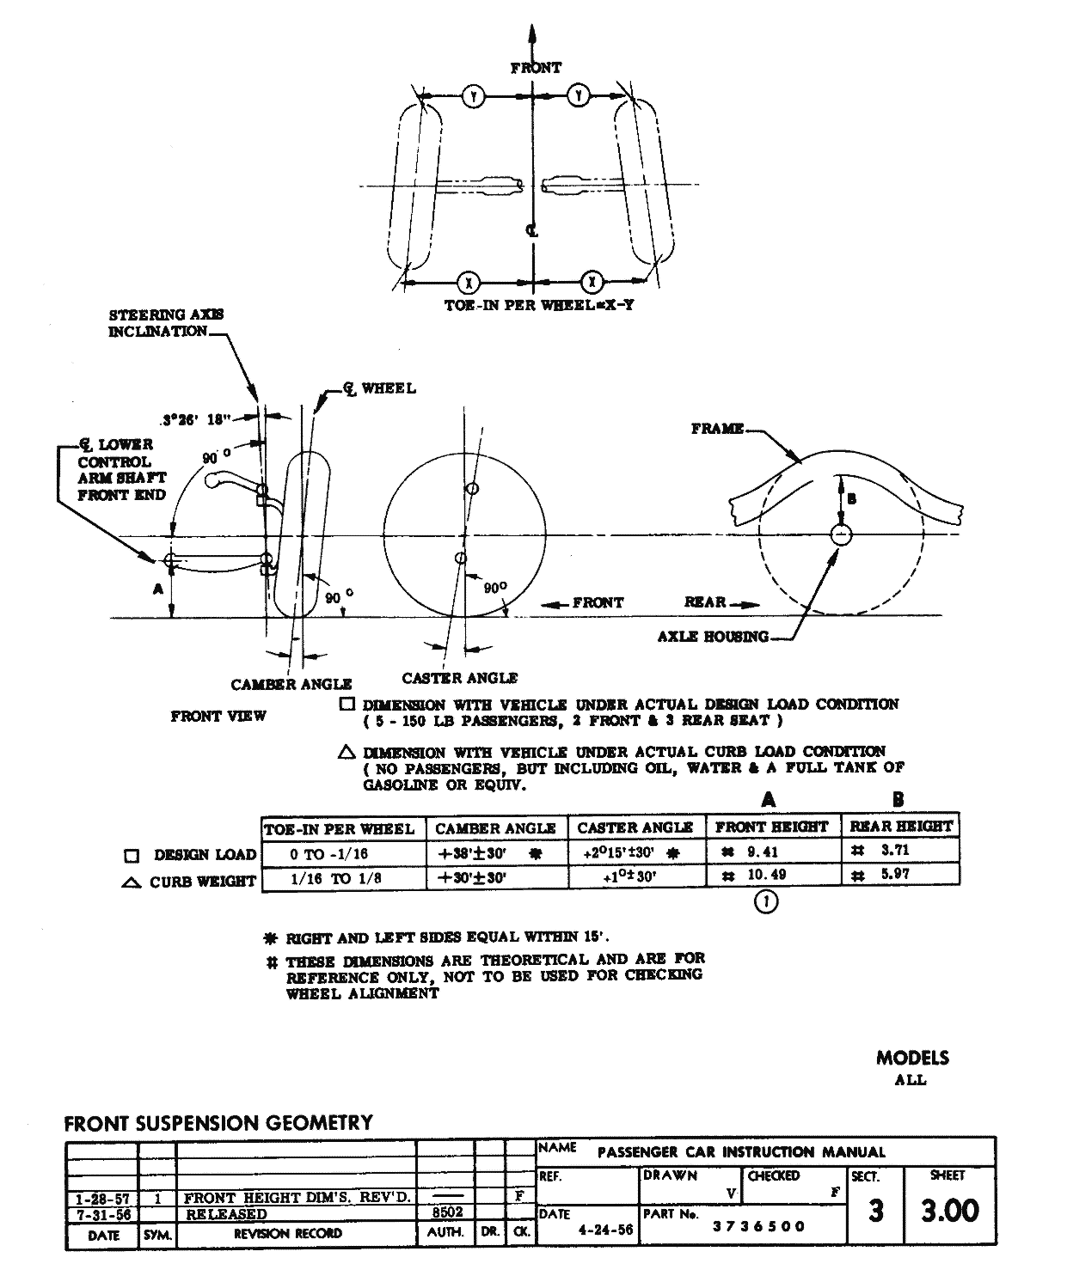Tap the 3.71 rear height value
coord(895,851)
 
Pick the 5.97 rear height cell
coord(895,875)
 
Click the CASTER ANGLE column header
coord(635,827)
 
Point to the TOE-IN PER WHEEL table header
coord(339,829)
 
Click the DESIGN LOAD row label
coord(205,855)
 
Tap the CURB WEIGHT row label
coord(202,881)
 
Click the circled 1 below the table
coord(765,901)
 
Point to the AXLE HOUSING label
coord(713,637)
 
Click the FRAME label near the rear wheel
coord(717,429)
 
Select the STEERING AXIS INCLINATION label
coord(165,323)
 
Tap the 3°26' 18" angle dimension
coord(197,420)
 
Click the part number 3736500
coord(759,1226)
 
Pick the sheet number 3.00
coord(950,1212)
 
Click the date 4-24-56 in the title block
coord(605,1230)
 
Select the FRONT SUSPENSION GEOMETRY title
coord(218,1123)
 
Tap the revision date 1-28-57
coord(102,1197)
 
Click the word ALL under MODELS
coord(911,1081)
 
